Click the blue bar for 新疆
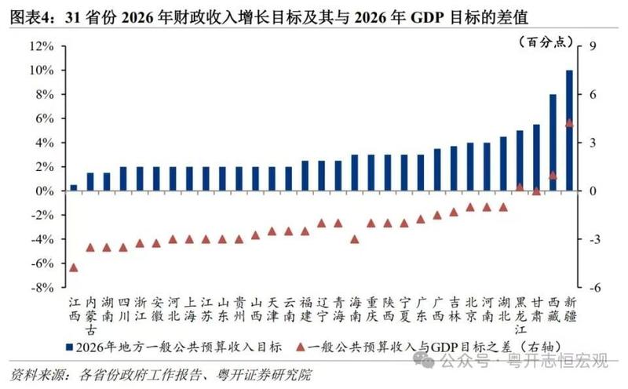(x=569, y=130)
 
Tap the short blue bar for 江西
(x=74, y=187)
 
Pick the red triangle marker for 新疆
(x=569, y=123)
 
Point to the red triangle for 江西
(x=74, y=267)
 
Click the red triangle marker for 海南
(x=354, y=239)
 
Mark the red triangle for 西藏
(x=553, y=175)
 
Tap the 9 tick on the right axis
(x=593, y=46)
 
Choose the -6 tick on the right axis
(x=594, y=288)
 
